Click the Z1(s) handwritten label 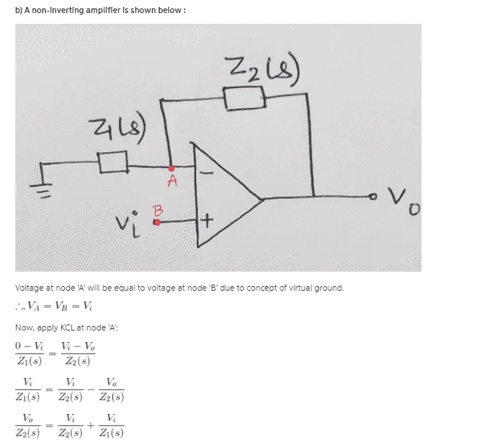pos(117,129)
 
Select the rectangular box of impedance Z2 pos(244,99)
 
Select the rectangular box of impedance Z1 pos(113,162)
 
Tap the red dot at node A pos(171,168)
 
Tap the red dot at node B pos(157,222)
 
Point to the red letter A pos(173,181)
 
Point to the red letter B pos(158,211)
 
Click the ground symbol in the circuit pos(40,190)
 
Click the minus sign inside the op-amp pos(206,173)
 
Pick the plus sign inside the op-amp pos(207,221)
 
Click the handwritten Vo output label pos(403,201)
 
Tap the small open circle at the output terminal pos(373,196)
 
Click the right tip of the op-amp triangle pos(263,199)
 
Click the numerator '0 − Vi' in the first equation pos(29,346)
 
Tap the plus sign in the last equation pos(91,425)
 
